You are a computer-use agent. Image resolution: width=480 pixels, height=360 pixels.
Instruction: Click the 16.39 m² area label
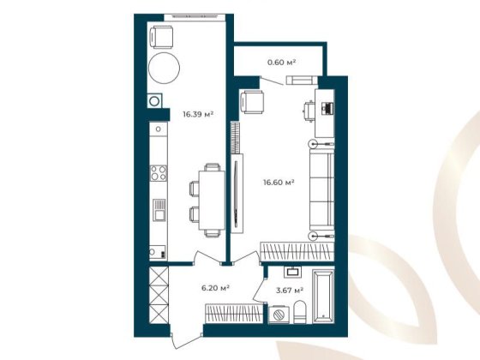point(197,112)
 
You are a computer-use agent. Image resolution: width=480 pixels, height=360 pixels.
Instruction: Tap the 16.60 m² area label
point(278,181)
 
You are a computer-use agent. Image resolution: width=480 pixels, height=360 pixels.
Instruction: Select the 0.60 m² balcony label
point(281,63)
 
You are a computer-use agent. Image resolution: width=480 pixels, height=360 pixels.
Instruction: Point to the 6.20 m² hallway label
point(212,288)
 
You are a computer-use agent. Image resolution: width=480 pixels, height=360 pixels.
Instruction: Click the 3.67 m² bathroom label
point(289,291)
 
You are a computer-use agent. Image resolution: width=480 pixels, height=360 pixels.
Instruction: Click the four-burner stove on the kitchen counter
point(158,176)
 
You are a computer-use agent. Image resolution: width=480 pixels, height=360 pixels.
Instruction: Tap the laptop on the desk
point(327,108)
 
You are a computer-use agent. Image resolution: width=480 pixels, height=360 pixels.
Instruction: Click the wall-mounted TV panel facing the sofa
point(237,189)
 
